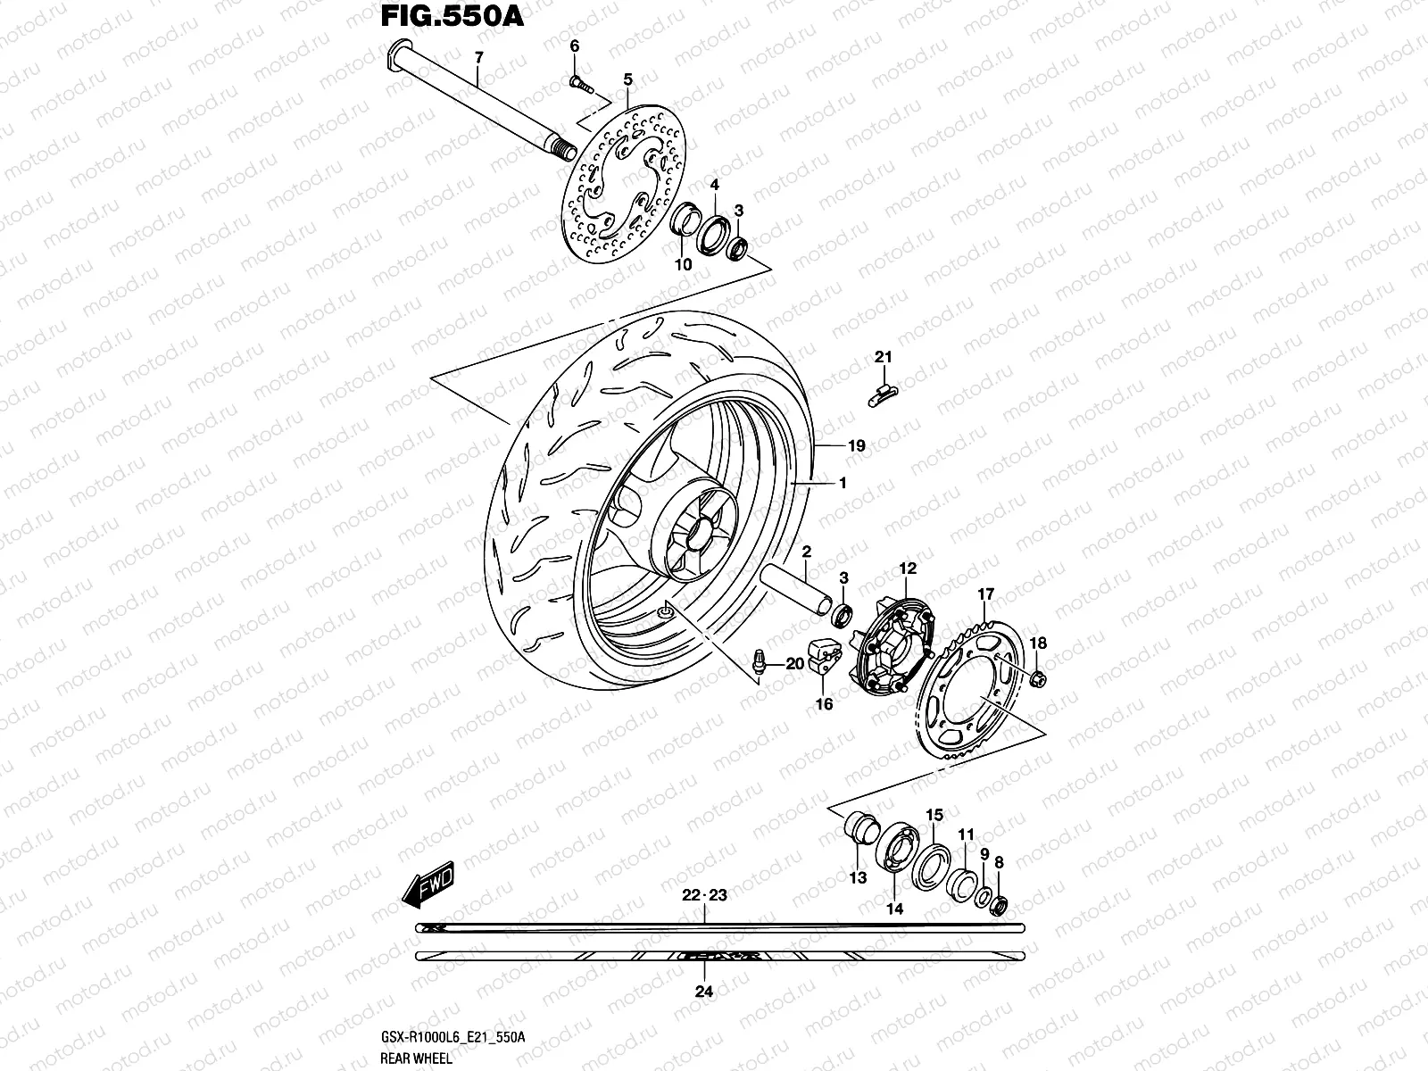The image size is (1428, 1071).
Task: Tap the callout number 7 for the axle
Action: point(477,57)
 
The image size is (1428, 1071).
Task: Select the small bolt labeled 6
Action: point(576,83)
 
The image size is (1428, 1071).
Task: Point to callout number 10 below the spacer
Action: point(683,264)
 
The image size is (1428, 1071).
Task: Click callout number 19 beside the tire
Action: point(857,445)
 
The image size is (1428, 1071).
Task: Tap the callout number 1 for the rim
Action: point(843,483)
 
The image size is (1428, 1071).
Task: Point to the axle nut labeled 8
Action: point(1000,905)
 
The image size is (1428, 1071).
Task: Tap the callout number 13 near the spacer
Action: point(857,877)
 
